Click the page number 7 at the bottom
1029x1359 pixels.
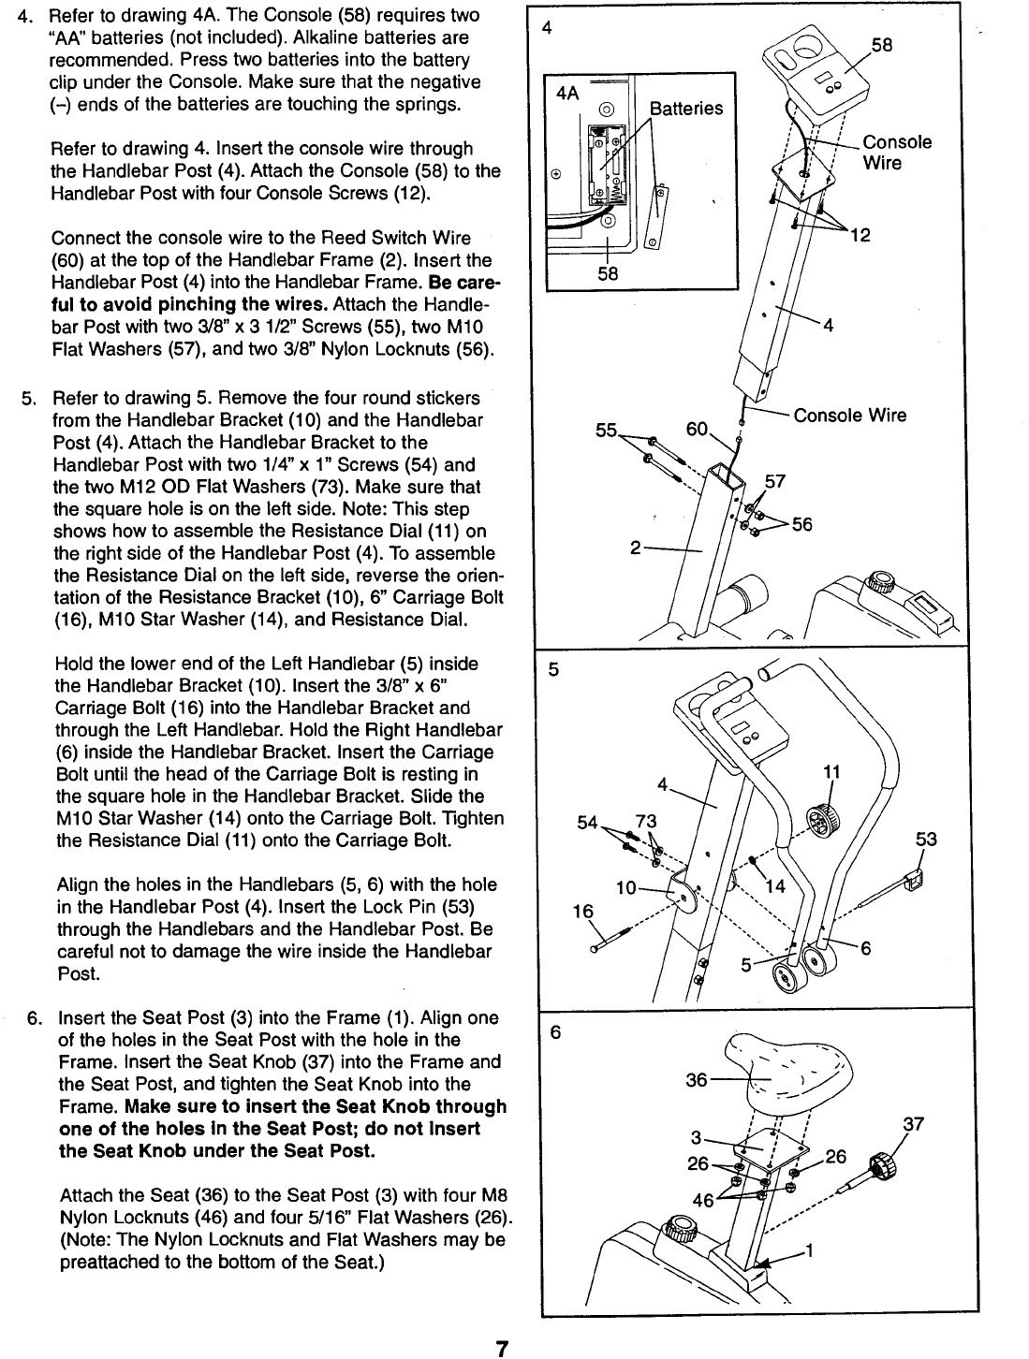click(x=501, y=1349)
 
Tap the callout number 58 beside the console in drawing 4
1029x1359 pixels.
click(x=882, y=45)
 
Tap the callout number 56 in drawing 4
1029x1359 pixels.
click(x=801, y=524)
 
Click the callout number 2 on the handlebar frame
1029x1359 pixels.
click(x=636, y=548)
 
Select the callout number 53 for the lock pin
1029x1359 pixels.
click(x=926, y=840)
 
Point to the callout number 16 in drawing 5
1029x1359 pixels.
click(x=582, y=912)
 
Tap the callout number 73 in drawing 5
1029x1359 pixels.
click(x=646, y=822)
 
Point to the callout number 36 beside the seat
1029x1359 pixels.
click(x=697, y=1079)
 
